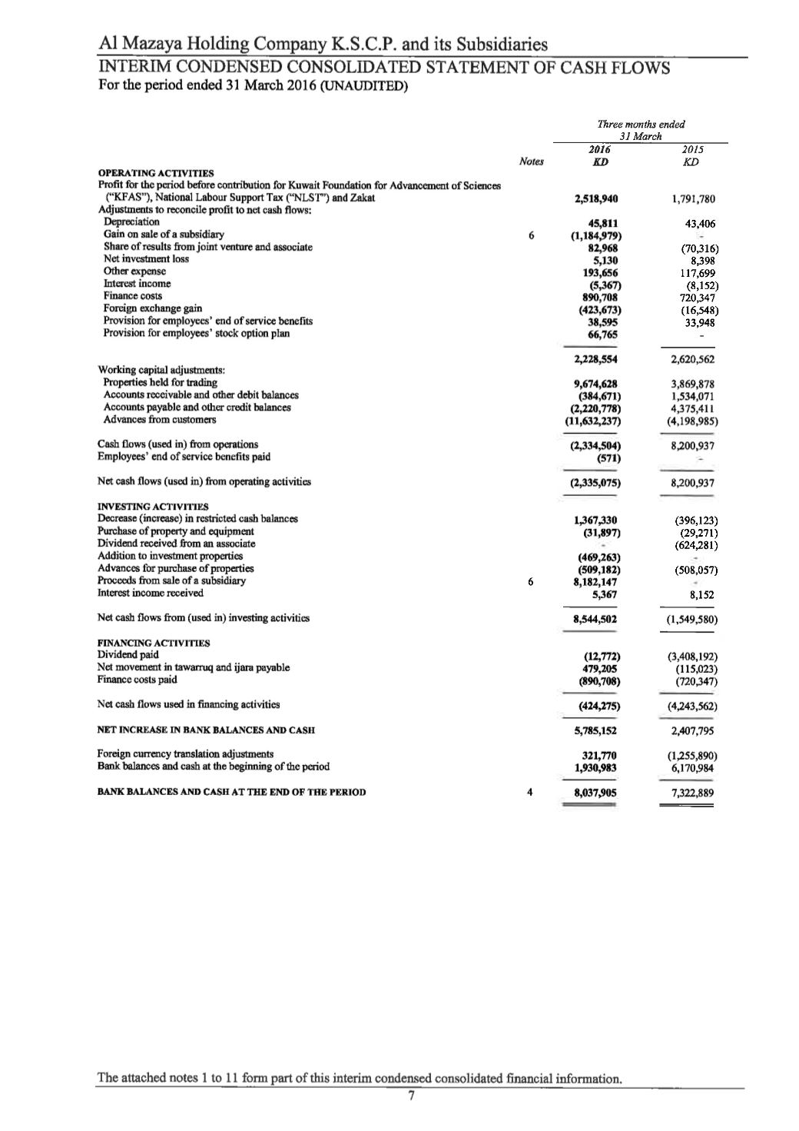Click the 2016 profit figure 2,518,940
(x=596, y=198)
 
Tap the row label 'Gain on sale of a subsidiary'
(x=164, y=235)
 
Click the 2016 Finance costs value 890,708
(x=598, y=297)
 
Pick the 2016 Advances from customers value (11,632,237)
(x=592, y=421)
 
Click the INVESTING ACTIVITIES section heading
(x=153, y=507)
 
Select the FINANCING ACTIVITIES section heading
(x=154, y=643)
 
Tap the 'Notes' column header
(x=531, y=162)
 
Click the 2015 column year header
(x=692, y=150)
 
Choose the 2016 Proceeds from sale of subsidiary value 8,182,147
(x=596, y=581)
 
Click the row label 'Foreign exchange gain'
(x=153, y=308)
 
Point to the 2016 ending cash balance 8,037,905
(x=596, y=792)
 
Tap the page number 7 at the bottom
(x=412, y=1096)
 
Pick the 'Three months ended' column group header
(x=641, y=124)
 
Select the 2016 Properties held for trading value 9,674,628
(x=596, y=384)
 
